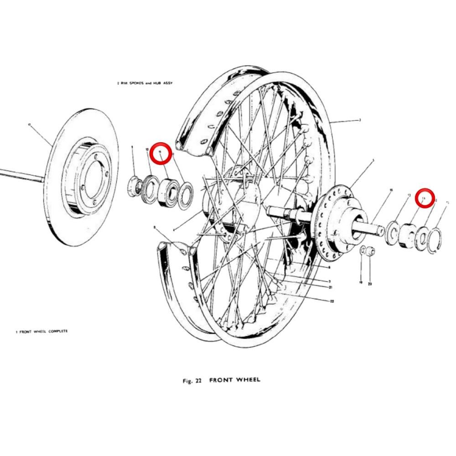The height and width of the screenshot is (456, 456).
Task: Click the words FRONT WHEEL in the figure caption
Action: point(235,380)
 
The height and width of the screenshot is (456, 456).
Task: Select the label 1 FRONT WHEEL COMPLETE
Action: point(41,331)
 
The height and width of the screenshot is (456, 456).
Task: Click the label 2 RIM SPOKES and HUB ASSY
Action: point(145,83)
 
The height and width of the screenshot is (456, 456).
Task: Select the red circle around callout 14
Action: point(425,198)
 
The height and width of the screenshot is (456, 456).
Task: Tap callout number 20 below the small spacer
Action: point(370,283)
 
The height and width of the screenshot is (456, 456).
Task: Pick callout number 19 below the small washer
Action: point(360,283)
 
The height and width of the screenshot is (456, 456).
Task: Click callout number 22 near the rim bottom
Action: point(332,301)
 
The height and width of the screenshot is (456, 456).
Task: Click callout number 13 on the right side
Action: point(409,195)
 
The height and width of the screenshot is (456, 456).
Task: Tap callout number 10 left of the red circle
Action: point(147,150)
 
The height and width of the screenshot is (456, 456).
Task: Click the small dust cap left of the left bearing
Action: point(135,185)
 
